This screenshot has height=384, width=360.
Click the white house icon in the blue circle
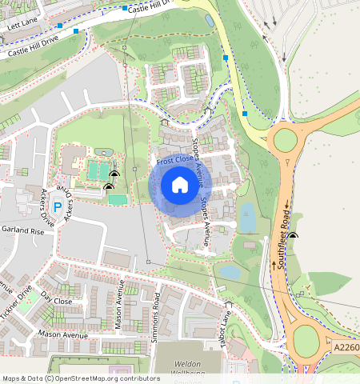coord(180,186)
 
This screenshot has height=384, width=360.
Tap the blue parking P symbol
coord(57,207)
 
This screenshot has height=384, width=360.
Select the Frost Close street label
coord(174,161)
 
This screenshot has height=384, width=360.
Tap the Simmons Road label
coord(157,318)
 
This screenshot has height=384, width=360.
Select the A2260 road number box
coord(346,347)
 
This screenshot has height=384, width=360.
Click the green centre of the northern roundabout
coord(286,141)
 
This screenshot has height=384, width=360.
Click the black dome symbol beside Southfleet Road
coord(294,235)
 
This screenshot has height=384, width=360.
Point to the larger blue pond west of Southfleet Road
coord(247,215)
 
